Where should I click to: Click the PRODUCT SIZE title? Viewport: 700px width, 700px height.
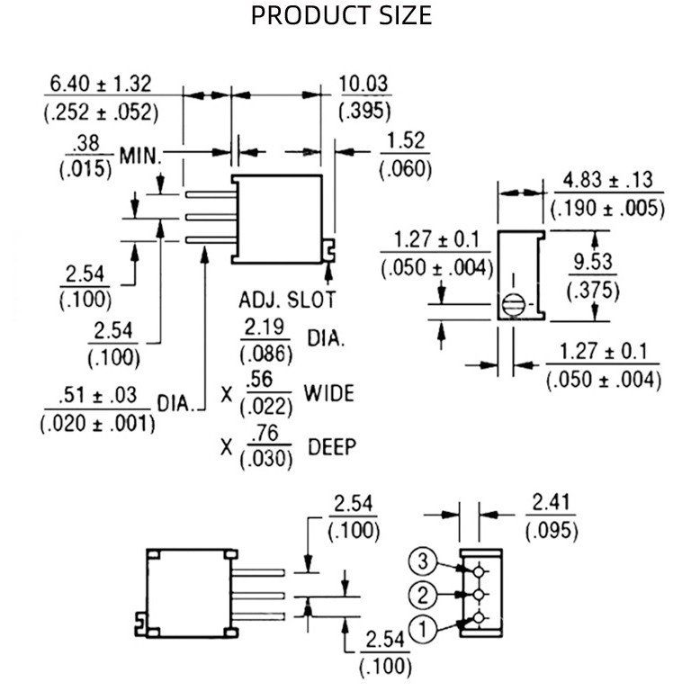pos(341,15)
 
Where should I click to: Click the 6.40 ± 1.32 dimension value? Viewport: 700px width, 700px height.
pos(101,84)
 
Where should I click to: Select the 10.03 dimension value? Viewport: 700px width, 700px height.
pos(363,84)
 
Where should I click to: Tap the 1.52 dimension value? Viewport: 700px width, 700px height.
pos(405,141)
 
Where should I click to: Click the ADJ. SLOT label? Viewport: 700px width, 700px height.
pos(286,300)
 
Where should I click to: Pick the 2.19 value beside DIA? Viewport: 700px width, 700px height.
pos(267,328)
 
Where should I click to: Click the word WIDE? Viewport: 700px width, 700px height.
pos(328,393)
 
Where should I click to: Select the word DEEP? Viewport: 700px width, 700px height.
pos(332,446)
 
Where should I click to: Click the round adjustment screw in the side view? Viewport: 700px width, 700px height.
pos(513,304)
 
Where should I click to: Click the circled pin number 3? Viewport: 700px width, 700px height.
pos(424,562)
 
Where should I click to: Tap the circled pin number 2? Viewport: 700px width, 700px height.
pos(423,595)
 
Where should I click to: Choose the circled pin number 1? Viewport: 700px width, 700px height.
pos(423,628)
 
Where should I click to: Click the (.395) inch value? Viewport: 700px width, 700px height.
pos(363,112)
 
